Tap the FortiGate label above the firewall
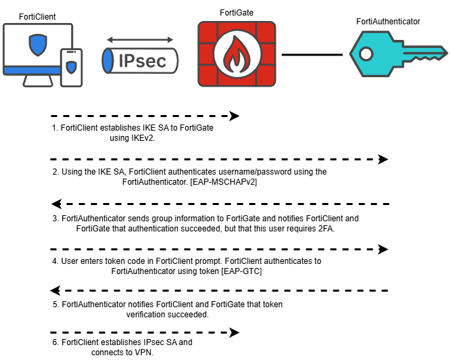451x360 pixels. (x=237, y=12)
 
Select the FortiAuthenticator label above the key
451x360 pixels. (x=388, y=22)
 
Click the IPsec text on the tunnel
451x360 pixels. (x=141, y=61)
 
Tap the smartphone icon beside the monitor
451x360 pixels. (x=71, y=67)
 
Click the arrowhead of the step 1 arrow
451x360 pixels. (x=234, y=116)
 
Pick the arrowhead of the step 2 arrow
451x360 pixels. (x=383, y=159)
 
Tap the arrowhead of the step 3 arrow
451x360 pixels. (x=57, y=204)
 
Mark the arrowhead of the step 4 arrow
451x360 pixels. (x=383, y=248)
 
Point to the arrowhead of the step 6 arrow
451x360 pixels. (x=234, y=332)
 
